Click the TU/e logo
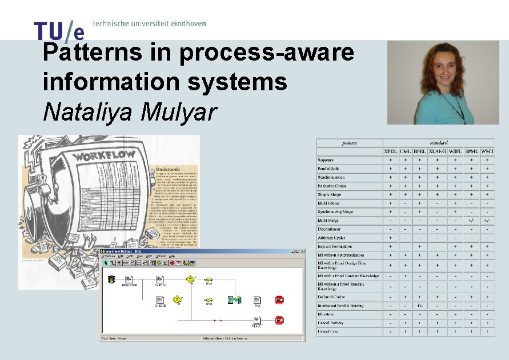59,30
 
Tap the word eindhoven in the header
186,24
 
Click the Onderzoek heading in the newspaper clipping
171,170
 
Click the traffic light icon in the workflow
111,279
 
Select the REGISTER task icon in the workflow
129,280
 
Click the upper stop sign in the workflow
279,299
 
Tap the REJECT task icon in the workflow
257,319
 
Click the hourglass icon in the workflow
231,299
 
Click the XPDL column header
391,151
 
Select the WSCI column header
487,151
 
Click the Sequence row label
326,160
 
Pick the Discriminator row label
331,229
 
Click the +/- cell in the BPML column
471,220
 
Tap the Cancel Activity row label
331,323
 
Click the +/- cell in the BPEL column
420,306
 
